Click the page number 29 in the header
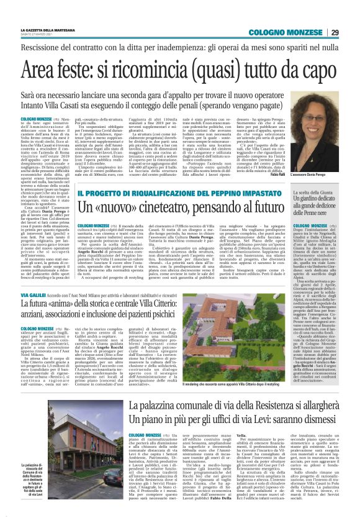335,32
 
